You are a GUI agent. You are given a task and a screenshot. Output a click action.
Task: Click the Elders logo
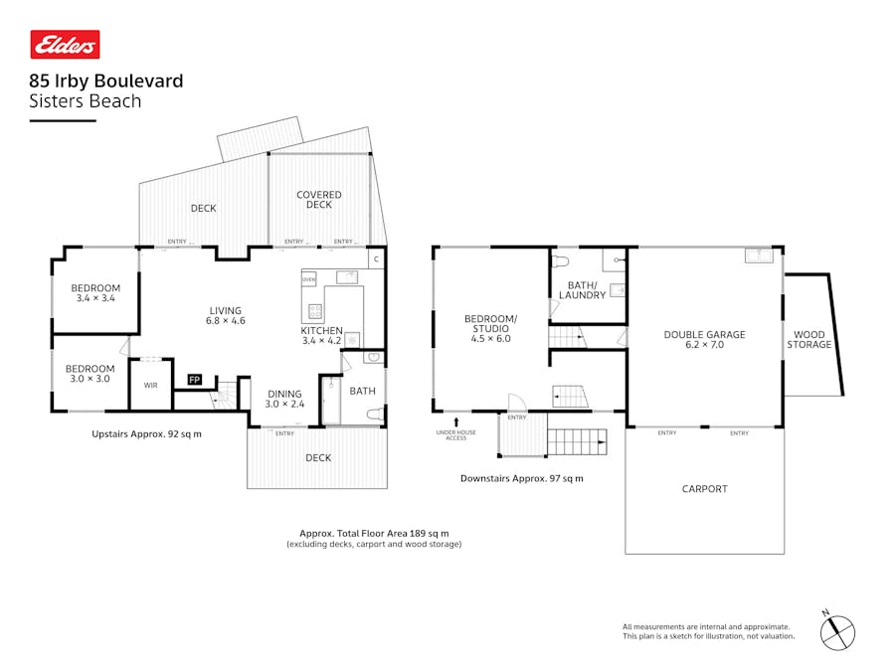point(65,45)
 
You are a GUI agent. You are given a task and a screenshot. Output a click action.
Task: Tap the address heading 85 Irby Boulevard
point(106,82)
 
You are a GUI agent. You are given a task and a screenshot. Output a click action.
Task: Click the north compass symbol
point(837,630)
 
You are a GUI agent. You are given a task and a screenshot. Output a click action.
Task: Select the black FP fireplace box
point(195,380)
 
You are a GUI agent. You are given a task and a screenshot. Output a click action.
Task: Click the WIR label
point(150,385)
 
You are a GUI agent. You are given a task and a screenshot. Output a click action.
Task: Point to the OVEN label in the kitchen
point(309,279)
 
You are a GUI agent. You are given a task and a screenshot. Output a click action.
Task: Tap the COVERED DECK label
point(319,200)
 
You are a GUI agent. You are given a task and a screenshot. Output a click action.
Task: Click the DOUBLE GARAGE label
point(704,335)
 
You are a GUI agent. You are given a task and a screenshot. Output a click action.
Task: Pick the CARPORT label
point(704,488)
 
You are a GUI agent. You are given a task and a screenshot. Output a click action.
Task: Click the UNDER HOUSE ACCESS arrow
point(456,422)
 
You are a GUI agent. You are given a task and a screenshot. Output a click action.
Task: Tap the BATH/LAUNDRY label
point(582,289)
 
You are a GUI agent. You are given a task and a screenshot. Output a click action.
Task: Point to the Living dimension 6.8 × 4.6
point(225,321)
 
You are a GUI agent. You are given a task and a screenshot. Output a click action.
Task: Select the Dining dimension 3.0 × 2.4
point(283,405)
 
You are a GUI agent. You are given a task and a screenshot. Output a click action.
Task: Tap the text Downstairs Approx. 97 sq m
point(521,478)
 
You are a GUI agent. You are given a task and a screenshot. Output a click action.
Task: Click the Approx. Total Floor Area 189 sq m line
point(374,533)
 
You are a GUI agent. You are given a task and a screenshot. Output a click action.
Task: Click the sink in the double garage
point(759,255)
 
